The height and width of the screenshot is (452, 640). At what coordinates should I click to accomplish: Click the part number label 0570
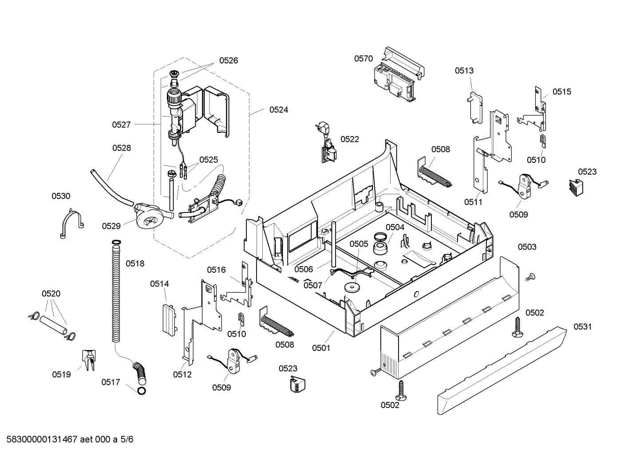363,59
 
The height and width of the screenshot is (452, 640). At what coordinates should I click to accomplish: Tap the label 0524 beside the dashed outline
278,110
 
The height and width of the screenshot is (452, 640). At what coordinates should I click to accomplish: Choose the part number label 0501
321,348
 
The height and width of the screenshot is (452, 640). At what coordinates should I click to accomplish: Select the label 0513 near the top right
464,71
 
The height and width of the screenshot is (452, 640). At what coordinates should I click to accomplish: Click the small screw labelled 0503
529,277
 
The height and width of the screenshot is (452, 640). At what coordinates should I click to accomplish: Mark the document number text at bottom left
67,440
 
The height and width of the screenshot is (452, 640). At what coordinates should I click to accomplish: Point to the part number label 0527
121,125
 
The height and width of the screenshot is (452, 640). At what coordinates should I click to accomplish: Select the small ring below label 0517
142,390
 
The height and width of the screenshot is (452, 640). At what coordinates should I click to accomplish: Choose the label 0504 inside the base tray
395,227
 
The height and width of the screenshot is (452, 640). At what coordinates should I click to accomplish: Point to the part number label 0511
473,202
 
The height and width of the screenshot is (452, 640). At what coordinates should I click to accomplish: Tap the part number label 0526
228,61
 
